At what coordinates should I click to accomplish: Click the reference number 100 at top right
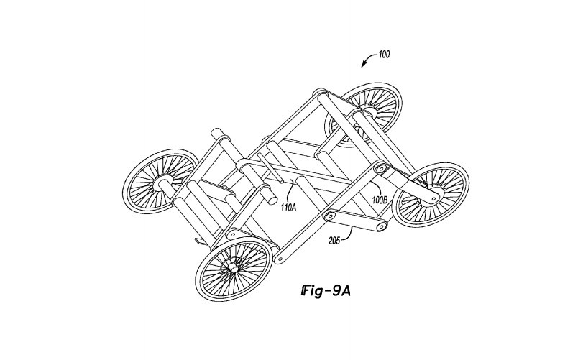coord(383,55)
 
